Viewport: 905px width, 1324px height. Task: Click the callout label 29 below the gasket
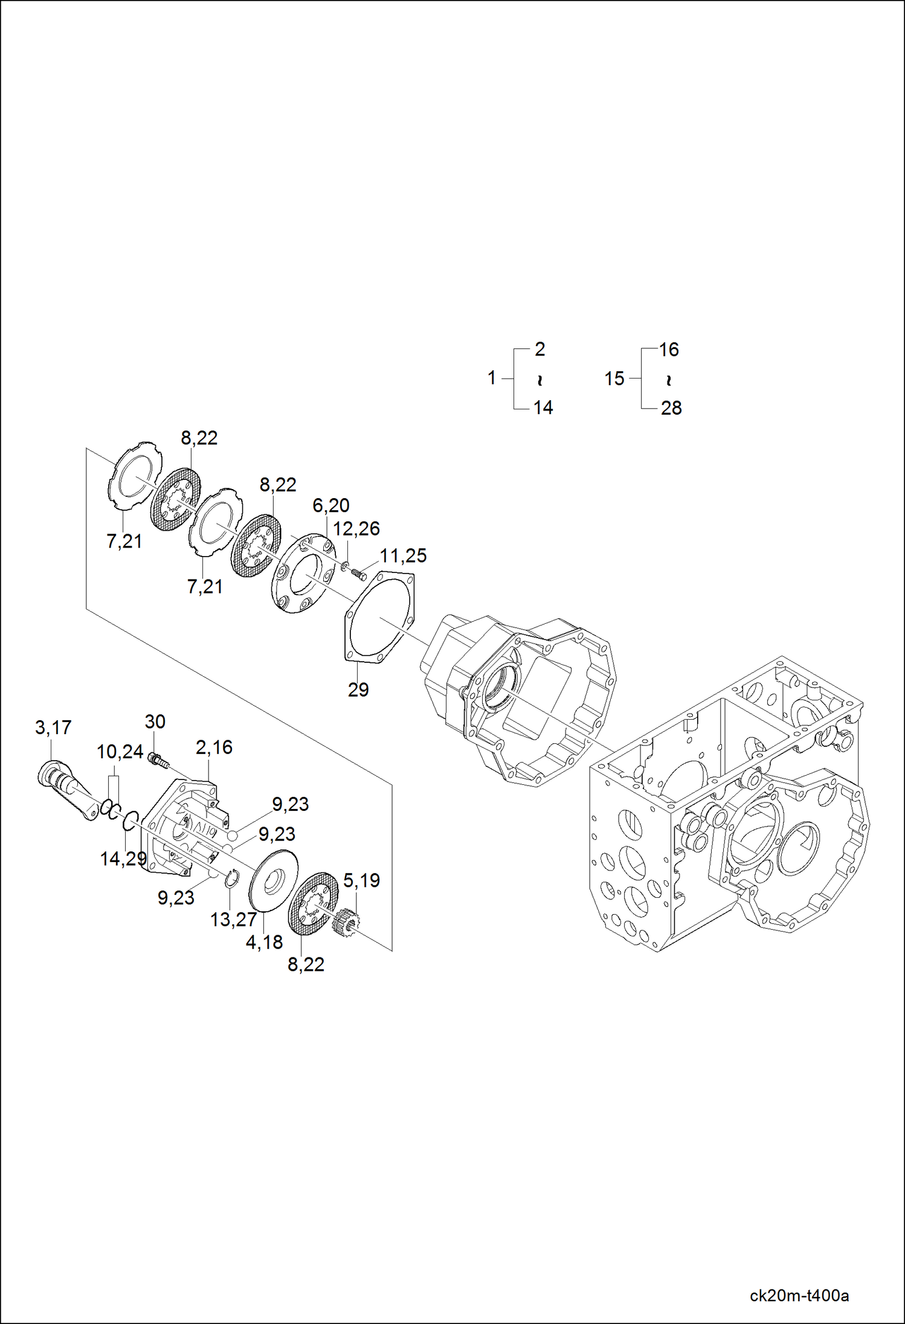(x=358, y=689)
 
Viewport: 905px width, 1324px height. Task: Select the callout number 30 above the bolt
(x=155, y=721)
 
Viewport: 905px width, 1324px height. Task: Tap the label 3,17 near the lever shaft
(x=53, y=728)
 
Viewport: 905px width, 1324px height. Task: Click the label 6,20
(x=330, y=505)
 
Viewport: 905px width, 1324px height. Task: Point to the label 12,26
(x=356, y=529)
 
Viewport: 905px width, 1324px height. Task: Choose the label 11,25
(x=403, y=555)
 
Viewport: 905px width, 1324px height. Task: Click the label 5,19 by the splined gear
(x=361, y=880)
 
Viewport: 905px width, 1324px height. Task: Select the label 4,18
(x=264, y=942)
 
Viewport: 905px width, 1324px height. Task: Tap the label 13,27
(x=233, y=919)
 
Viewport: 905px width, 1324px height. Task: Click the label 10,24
(x=120, y=752)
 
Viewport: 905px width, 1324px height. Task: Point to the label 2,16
(x=214, y=747)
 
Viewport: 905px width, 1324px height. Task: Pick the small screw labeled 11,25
(x=358, y=574)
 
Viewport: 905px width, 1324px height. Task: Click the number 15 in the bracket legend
(x=614, y=379)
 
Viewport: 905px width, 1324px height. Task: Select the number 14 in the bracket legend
(x=543, y=408)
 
